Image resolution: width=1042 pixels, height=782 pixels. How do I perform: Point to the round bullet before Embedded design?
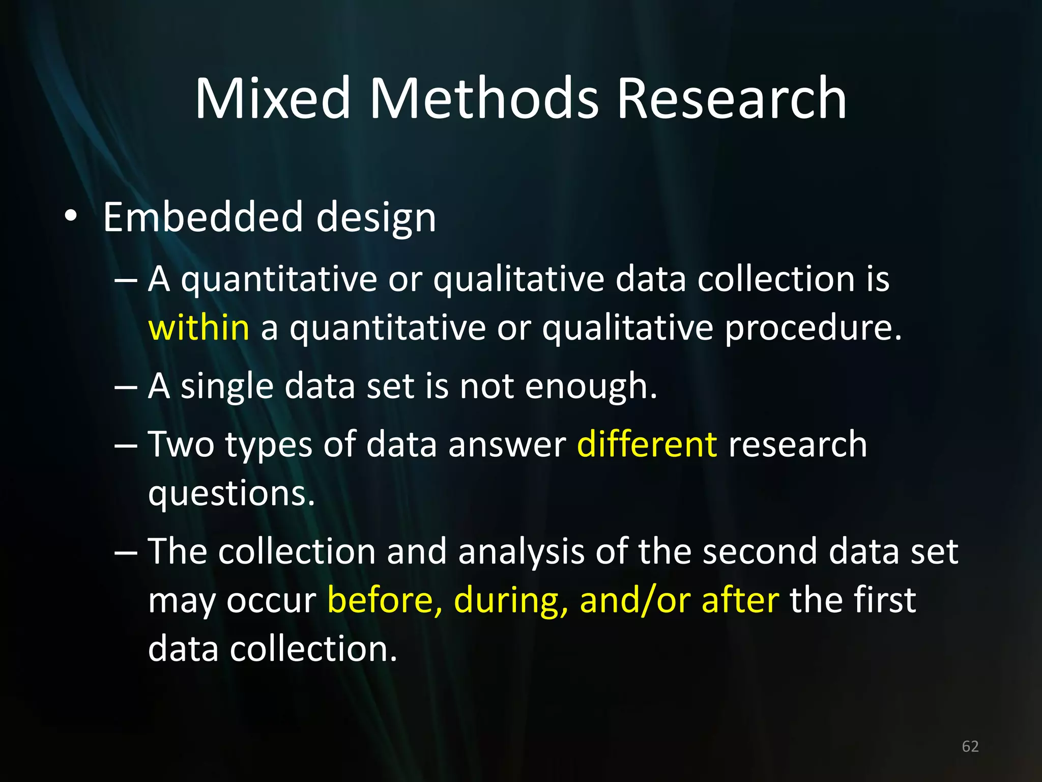pyautogui.click(x=71, y=216)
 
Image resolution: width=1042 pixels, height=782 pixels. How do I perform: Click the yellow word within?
pyautogui.click(x=198, y=327)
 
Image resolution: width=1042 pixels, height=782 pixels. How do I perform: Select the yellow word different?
pyautogui.click(x=647, y=444)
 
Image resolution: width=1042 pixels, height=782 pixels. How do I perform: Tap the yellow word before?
pyautogui.click(x=385, y=600)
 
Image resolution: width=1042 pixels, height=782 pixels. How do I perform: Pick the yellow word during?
pyautogui.click(x=511, y=600)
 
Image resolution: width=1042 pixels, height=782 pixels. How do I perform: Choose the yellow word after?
pyautogui.click(x=740, y=600)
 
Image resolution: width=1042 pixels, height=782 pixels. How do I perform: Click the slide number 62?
pyautogui.click(x=970, y=746)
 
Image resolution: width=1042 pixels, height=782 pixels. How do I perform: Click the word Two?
pyautogui.click(x=181, y=444)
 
